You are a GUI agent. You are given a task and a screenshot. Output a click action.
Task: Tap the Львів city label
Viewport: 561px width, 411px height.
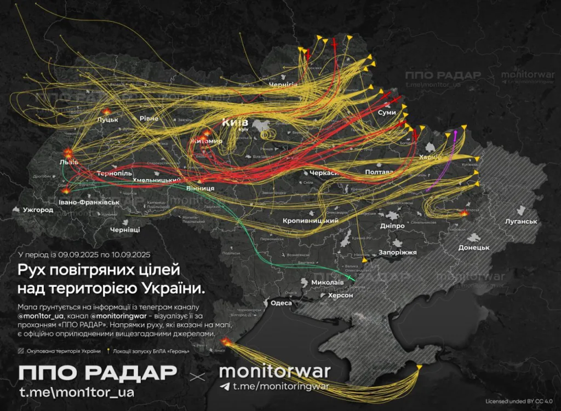[x=68, y=163]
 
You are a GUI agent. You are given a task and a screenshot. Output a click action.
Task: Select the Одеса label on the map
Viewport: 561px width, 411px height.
[x=281, y=303]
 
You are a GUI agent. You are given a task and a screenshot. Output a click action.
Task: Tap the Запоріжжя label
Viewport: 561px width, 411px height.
[x=397, y=253]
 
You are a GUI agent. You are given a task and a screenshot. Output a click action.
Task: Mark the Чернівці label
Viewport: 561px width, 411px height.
[x=125, y=229]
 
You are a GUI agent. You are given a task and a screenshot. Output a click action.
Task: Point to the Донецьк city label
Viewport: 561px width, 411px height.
[x=473, y=247]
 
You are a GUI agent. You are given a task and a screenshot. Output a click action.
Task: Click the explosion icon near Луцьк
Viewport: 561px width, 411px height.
[x=107, y=112]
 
